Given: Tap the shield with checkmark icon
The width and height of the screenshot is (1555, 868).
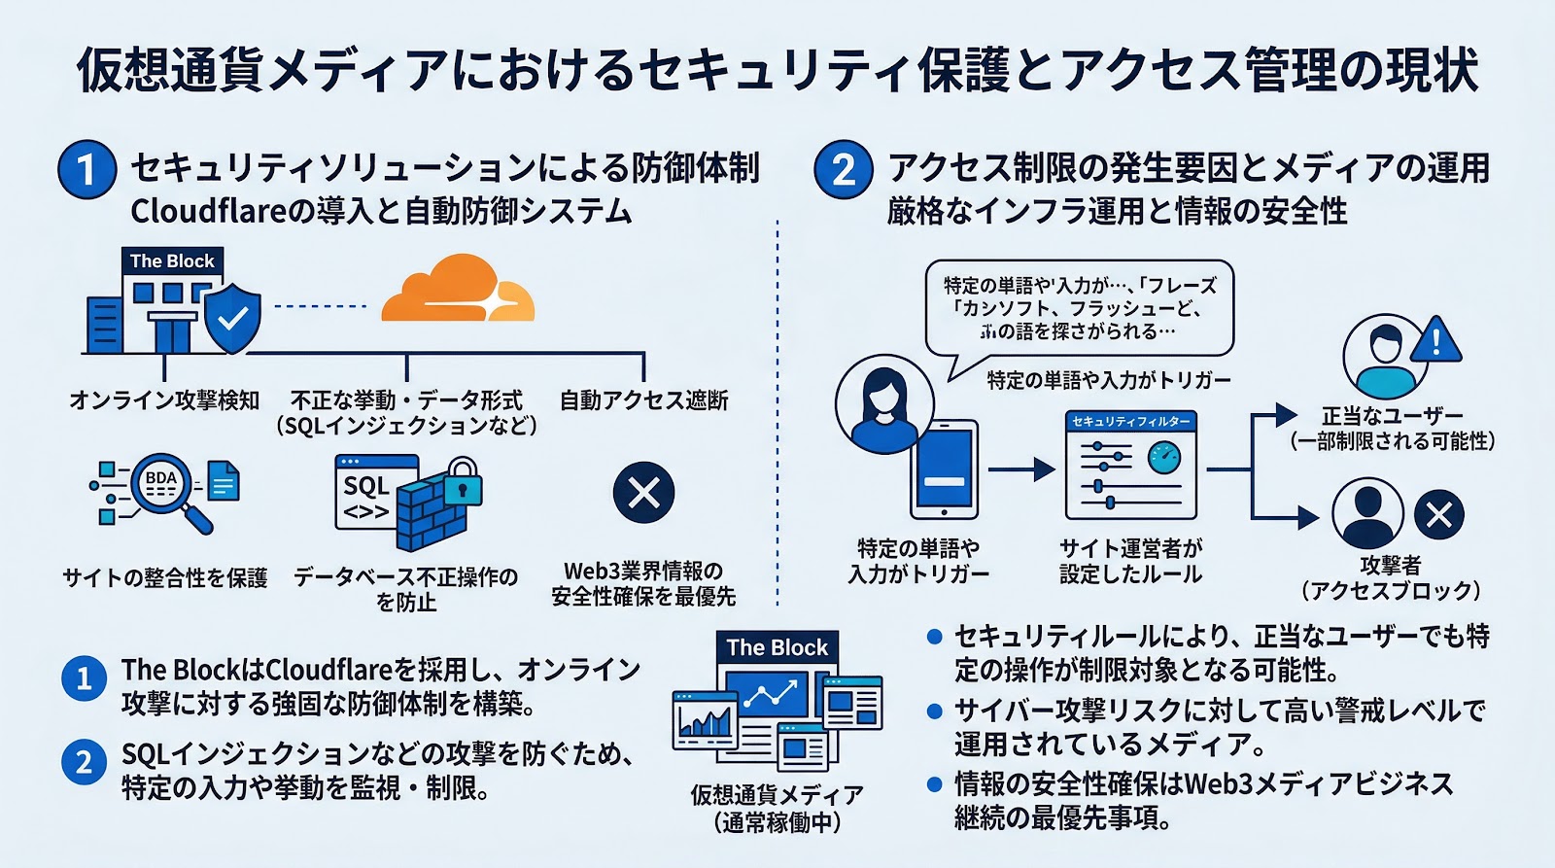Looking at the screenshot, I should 232,318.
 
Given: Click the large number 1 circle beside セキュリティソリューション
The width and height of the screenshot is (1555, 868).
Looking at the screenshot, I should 86,169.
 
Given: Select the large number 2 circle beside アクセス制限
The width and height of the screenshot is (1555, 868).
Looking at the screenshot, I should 843,169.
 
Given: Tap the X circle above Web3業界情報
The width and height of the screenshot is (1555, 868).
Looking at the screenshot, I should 643,493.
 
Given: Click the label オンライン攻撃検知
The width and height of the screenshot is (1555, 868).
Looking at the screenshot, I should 164,400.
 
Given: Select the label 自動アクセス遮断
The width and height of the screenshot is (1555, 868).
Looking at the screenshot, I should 643,400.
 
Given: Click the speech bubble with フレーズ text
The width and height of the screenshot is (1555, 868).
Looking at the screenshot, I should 1079,308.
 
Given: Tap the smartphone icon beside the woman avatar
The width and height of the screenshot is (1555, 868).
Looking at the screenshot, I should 944,469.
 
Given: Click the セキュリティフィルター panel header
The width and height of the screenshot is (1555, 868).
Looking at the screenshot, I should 1130,422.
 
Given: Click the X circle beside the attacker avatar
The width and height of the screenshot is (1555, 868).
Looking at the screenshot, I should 1439,514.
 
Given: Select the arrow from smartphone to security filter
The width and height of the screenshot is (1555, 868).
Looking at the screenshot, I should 1020,469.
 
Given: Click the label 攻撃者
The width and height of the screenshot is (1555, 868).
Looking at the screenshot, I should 1390,566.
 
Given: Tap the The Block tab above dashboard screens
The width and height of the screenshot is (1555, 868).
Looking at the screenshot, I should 777,647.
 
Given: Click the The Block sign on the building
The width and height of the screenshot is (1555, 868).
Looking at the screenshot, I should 172,260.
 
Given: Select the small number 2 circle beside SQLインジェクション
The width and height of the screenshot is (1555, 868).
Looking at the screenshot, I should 84,762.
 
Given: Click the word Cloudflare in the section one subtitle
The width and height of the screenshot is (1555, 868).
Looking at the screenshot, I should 205,211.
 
